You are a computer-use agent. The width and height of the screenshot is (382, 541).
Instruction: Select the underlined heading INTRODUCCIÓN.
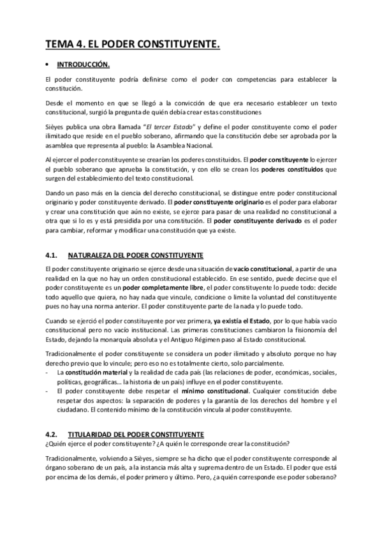84,64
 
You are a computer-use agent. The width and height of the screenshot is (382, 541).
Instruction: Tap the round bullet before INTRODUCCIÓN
48,64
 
